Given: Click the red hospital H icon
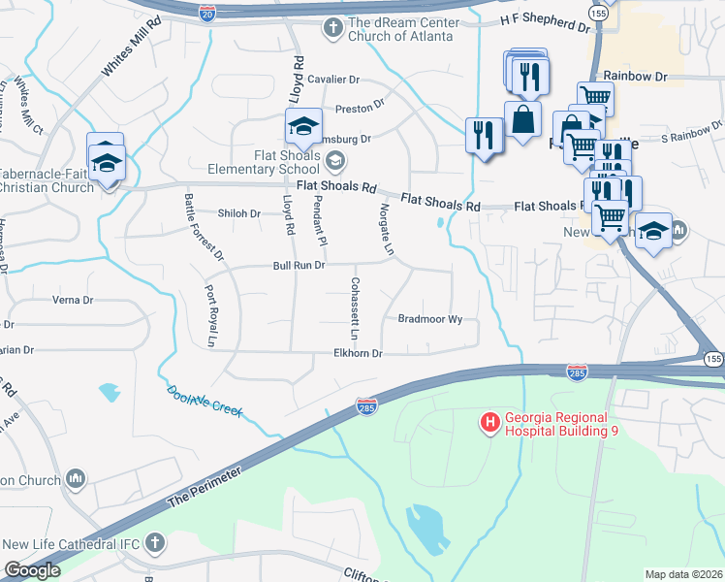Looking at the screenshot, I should click(x=490, y=421).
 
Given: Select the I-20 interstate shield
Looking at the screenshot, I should click(x=207, y=13).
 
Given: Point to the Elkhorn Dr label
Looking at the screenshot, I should click(x=359, y=354).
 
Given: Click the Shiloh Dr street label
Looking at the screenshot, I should click(x=239, y=213).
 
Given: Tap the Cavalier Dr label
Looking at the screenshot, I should click(x=335, y=80).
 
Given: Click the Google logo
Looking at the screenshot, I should click(x=32, y=570).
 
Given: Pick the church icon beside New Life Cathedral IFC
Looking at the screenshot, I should click(x=154, y=539).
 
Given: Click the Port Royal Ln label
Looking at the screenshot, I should click(x=208, y=314).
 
